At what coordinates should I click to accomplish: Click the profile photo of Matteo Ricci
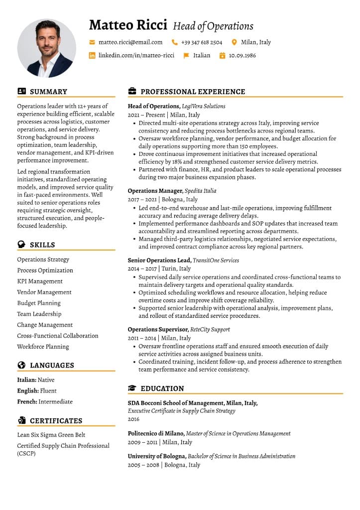click(x=47, y=48)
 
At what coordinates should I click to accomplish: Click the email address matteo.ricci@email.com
click(x=130, y=42)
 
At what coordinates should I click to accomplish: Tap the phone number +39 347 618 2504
click(x=202, y=42)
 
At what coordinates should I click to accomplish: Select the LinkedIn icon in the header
click(x=92, y=55)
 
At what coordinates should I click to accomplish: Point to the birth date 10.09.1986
click(x=242, y=55)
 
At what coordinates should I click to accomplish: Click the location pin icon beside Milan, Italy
click(x=235, y=42)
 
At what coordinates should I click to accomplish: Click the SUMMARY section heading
click(x=48, y=92)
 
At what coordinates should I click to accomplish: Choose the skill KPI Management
click(x=40, y=281)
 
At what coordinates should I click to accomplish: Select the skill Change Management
click(x=45, y=325)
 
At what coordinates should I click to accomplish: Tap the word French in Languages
click(x=27, y=401)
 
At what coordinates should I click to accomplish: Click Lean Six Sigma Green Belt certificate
click(x=51, y=435)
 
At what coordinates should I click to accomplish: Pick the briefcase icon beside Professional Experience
click(x=132, y=92)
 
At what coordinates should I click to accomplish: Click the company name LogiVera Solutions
click(x=204, y=106)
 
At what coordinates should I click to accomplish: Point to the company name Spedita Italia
click(x=200, y=191)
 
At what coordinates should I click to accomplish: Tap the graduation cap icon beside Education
click(x=132, y=388)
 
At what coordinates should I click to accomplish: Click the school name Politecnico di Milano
click(x=156, y=434)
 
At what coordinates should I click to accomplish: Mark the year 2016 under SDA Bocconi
click(x=134, y=419)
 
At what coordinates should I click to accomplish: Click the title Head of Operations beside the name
click(x=213, y=26)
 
